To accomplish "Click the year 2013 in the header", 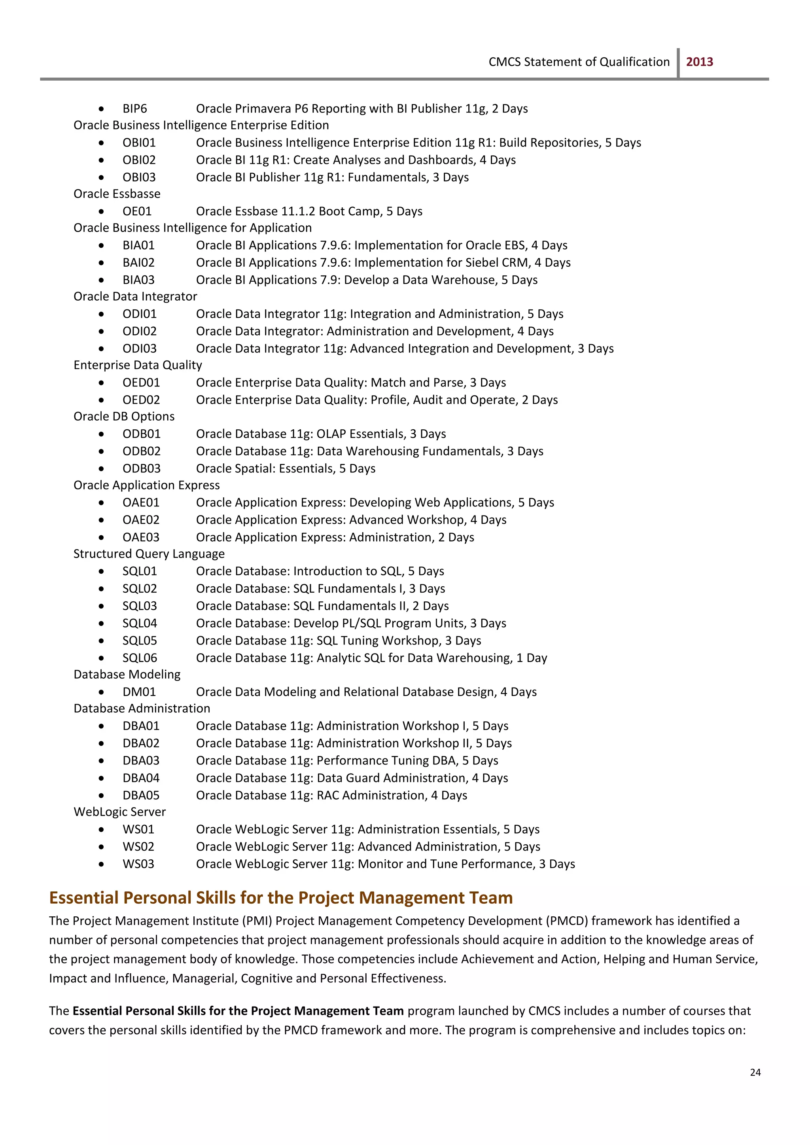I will (699, 62).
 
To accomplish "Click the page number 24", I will (755, 1072).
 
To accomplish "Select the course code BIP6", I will (134, 109).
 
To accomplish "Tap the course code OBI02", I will (139, 160).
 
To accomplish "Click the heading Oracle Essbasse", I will (117, 194).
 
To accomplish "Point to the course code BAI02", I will (139, 263).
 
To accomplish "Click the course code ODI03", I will (140, 349).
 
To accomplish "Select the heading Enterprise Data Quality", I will (138, 365).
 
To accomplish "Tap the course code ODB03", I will (142, 469).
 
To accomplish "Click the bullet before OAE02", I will (101, 520).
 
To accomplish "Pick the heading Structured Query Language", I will (149, 554).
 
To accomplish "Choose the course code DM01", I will (139, 692).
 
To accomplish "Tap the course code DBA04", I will (141, 778).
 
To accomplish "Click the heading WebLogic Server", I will (120, 812).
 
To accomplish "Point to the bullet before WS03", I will (101, 864).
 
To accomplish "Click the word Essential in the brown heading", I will (84, 898).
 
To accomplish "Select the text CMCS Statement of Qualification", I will (579, 62).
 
